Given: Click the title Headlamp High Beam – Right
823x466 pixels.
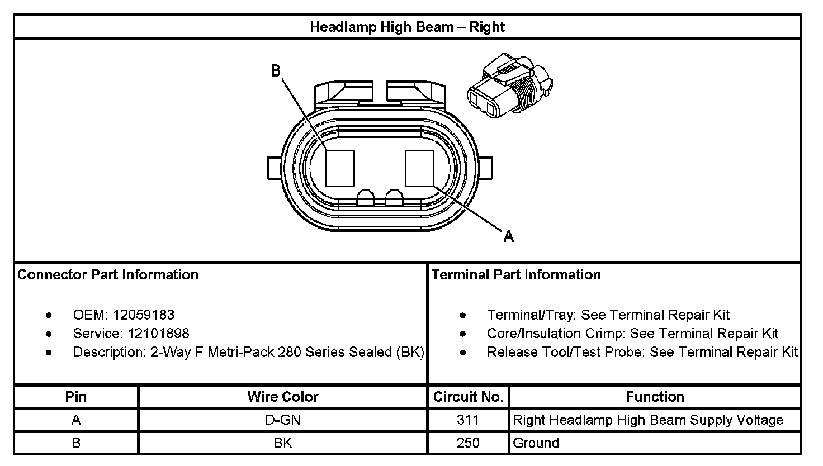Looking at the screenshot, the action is [407, 27].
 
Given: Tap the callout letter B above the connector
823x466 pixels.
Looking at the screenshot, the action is [276, 70].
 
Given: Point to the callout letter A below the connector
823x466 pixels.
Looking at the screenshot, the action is [508, 236].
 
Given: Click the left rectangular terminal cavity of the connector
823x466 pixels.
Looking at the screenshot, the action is [340, 168].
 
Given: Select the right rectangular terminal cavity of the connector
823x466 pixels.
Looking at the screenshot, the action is [419, 168].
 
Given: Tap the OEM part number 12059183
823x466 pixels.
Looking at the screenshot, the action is [144, 315].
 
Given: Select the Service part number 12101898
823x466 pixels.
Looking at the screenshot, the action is [158, 334].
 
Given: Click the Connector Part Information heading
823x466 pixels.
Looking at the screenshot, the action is [108, 275].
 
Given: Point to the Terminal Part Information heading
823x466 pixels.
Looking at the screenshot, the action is [516, 275].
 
